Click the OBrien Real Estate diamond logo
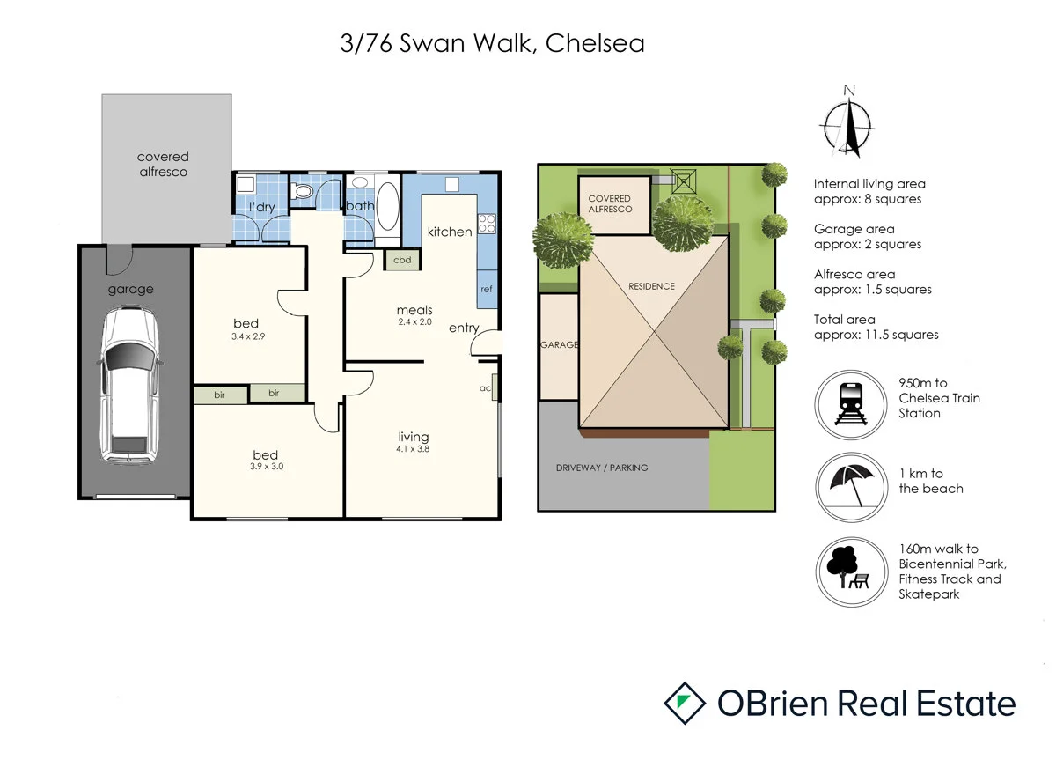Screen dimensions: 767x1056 pyautogui.click(x=686, y=704)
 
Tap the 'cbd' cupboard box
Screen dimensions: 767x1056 pyautogui.click(x=402, y=260)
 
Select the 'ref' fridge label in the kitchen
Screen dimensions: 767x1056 pyautogui.click(x=486, y=289)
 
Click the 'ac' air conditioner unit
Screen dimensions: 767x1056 pyautogui.click(x=495, y=388)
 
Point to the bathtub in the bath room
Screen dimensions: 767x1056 pyautogui.click(x=387, y=208)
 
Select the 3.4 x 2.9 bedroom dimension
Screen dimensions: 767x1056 pyautogui.click(x=246, y=336)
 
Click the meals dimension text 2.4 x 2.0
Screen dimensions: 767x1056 pyautogui.click(x=414, y=322)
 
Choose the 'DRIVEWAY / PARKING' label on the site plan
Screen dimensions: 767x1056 pyautogui.click(x=602, y=468)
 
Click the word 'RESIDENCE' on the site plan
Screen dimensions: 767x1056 pyautogui.click(x=651, y=286)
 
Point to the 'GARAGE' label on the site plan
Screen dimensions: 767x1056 pyautogui.click(x=559, y=345)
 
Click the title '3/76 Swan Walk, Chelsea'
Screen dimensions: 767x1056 pyautogui.click(x=492, y=43)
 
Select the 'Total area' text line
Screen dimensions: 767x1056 pyautogui.click(x=845, y=320)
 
